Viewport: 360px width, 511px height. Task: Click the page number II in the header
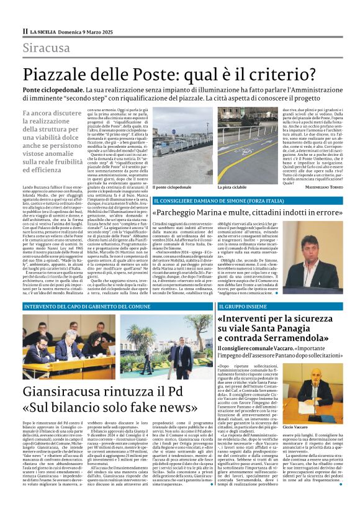pyautogui.click(x=25, y=30)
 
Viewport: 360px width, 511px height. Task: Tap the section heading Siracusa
pyautogui.click(x=46, y=48)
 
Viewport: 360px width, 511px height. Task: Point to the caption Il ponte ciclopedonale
pyautogui.click(x=173, y=187)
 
